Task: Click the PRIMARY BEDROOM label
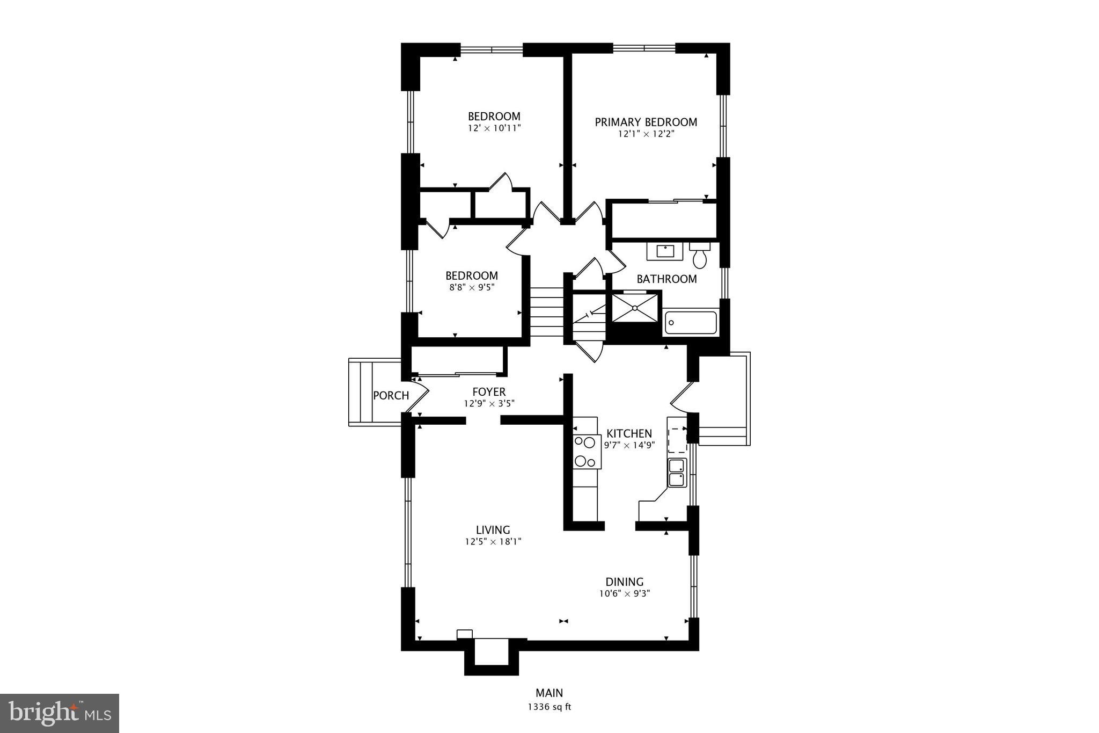[x=646, y=122]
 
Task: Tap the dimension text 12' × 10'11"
[x=494, y=128]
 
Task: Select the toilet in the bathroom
[x=700, y=257]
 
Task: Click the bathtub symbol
[x=691, y=322]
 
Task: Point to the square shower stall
[x=635, y=308]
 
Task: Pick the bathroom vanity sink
[x=665, y=251]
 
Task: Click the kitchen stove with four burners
[x=586, y=451]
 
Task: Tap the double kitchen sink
[x=677, y=473]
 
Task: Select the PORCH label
[x=391, y=396]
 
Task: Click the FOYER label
[x=489, y=392]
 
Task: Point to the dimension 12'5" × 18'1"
[x=493, y=542]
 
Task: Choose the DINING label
[x=624, y=582]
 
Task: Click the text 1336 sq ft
[x=549, y=707]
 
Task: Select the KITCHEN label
[x=629, y=433]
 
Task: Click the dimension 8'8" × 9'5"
[x=471, y=287]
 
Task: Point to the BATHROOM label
[x=666, y=279]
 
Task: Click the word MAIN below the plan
[x=549, y=693]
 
